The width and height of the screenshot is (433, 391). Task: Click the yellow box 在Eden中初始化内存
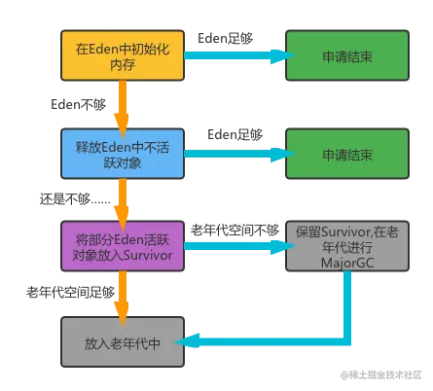tap(121, 54)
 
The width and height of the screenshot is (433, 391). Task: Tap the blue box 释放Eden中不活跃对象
tap(121, 154)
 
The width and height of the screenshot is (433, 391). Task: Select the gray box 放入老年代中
tap(121, 342)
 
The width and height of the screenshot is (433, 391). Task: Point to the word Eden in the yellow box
tap(104, 46)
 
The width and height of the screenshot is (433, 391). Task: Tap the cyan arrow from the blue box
tap(234, 154)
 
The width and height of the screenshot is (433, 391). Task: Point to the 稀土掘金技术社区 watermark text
tap(380, 373)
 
